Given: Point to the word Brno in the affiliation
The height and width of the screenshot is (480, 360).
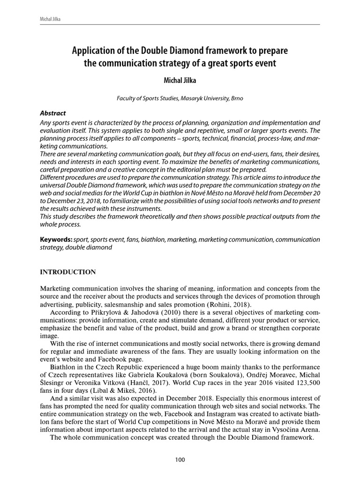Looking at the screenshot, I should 236,98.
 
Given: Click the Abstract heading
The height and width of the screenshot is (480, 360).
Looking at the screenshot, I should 53,113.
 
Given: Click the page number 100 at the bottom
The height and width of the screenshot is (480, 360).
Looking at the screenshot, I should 180,460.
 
